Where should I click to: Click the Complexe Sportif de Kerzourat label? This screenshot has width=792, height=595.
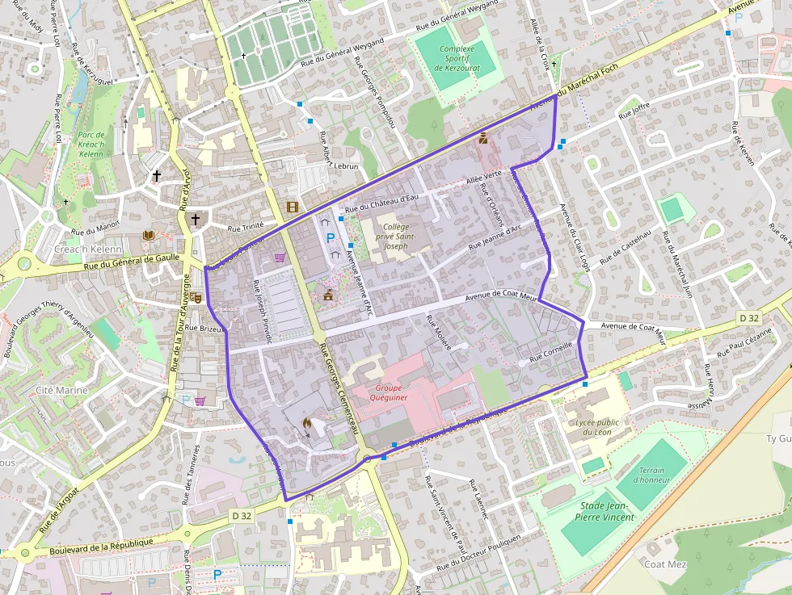[x=457, y=59]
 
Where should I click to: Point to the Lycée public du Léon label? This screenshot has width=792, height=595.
[x=598, y=427]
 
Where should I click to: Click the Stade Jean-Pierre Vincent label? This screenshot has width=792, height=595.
[x=606, y=511]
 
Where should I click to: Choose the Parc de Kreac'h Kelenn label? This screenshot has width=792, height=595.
[x=91, y=144]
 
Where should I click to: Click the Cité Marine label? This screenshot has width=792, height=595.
[x=61, y=390]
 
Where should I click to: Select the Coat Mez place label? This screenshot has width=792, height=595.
[x=665, y=564]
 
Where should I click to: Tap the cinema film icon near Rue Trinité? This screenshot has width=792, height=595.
[x=292, y=207]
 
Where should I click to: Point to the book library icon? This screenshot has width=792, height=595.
[x=148, y=235]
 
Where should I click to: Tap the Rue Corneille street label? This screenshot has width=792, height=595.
[x=550, y=351]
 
